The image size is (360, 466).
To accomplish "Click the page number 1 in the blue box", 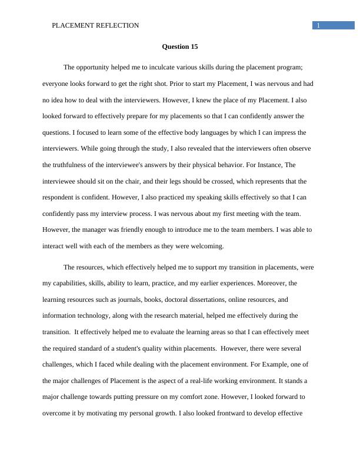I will pos(318,25).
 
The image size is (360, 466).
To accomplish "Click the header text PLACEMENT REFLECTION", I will pos(96,25).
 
